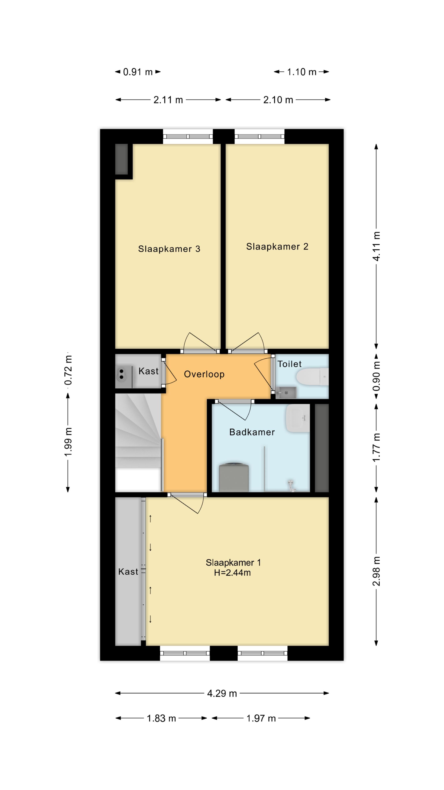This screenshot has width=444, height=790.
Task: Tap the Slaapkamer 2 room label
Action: (x=277, y=247)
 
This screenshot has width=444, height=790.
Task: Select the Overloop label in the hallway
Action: (x=204, y=374)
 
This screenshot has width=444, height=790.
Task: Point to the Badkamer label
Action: (x=252, y=432)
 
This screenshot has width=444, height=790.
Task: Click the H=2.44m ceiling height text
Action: (x=232, y=573)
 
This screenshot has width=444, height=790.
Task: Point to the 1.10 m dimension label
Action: (x=302, y=72)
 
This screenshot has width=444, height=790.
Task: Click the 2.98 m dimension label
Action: (x=376, y=571)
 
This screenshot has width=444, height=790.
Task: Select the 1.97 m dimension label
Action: (x=261, y=718)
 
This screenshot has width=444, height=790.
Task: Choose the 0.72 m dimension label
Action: (x=68, y=370)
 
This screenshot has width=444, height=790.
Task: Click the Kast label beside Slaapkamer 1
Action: (x=128, y=572)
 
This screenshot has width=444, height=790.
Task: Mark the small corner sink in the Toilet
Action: (x=286, y=392)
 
